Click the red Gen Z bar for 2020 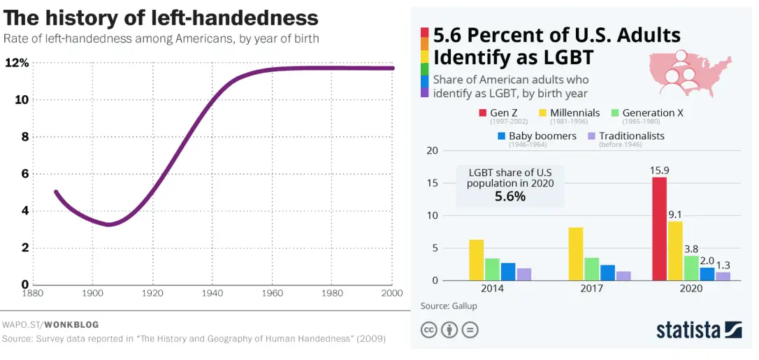659,229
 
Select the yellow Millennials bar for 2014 476,260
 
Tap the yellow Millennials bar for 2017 575,254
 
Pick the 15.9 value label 659,170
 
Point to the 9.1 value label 674,215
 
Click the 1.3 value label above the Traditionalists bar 723,265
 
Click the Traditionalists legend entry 626,136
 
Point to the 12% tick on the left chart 17,63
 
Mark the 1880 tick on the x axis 33,294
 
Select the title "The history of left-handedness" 161,17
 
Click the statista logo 698,329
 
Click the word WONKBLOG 73,324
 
